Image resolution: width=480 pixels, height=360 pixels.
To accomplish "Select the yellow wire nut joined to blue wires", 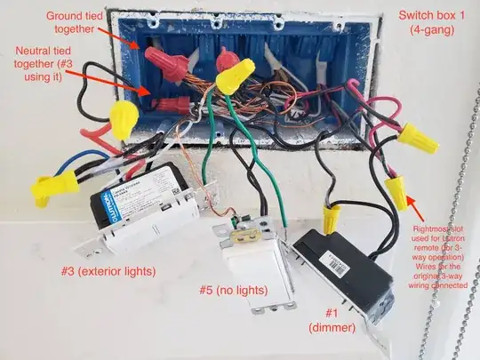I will click(x=54, y=184).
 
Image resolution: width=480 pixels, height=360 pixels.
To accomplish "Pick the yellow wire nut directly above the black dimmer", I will click(x=331, y=217).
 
